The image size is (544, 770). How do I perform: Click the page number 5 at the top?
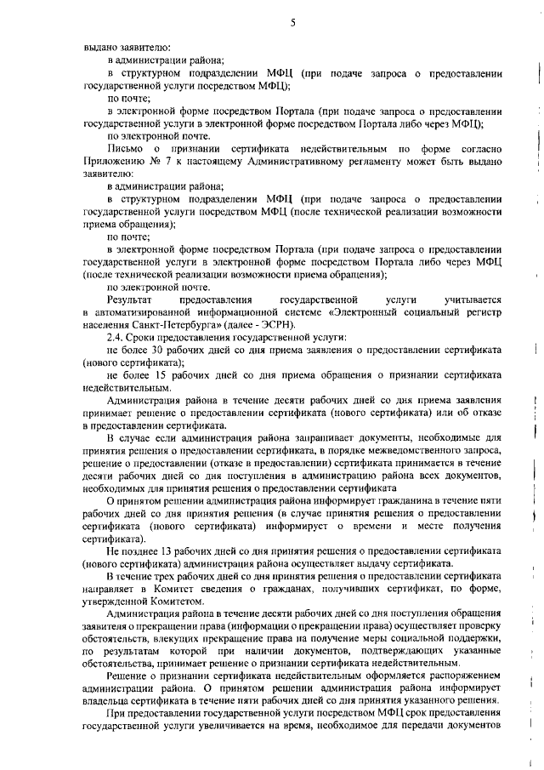[292, 23]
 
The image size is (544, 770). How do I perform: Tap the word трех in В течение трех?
[168, 577]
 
